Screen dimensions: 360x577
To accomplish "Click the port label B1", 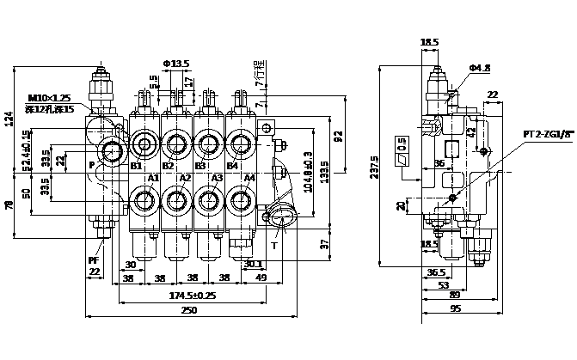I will click(x=135, y=166).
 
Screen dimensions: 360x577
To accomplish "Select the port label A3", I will click(x=218, y=178).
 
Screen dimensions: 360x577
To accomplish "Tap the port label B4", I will click(x=231, y=166).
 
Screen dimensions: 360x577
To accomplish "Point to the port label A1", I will click(x=153, y=178).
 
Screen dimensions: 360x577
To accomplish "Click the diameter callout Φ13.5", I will click(x=175, y=64).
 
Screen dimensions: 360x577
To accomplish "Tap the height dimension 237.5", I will click(x=374, y=169).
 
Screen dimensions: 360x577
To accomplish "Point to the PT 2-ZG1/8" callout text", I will click(x=548, y=134).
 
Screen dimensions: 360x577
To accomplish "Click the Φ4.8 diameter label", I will click(x=479, y=68).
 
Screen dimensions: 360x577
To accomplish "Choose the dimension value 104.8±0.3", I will click(x=310, y=171).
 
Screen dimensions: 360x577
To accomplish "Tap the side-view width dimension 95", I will click(x=455, y=310).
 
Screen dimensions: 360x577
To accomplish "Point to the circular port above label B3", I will click(x=206, y=140).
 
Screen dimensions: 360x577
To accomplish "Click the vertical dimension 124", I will click(x=9, y=121).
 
